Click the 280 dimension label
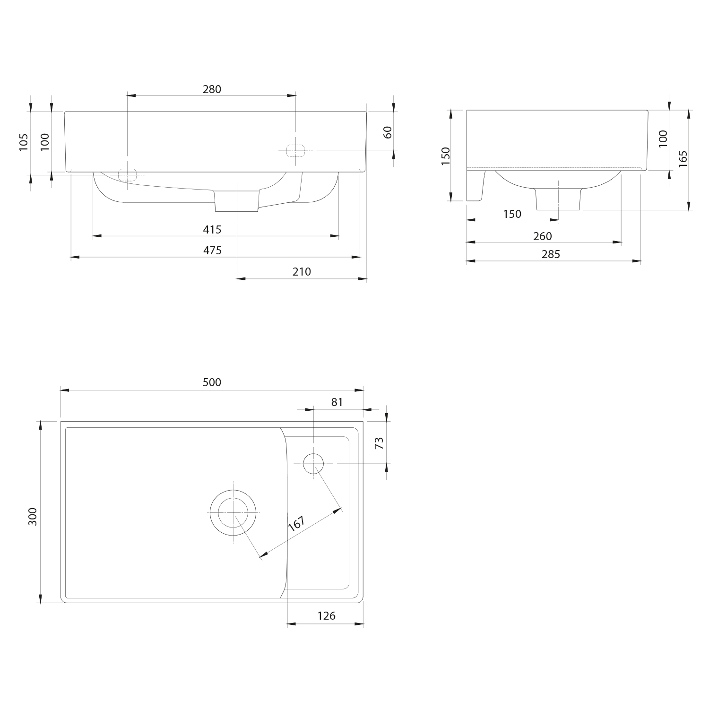pos(212,89)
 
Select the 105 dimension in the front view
pos(24,142)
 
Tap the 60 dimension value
pos(388,132)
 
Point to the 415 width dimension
pos(212,230)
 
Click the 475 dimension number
pos(212,251)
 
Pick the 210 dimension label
pos(302,272)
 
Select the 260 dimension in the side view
pos(542,236)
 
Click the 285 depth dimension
pos(551,254)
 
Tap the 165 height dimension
pos(682,159)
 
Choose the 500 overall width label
pos(212,382)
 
